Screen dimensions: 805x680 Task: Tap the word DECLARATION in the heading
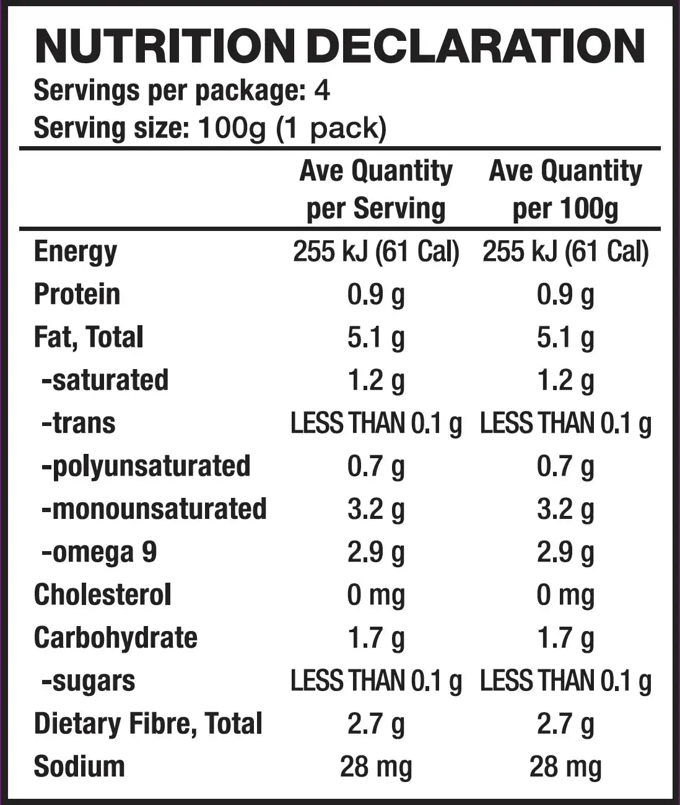click(x=476, y=46)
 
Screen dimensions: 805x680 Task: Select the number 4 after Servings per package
click(x=321, y=91)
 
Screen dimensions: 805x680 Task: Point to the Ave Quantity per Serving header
click(x=375, y=189)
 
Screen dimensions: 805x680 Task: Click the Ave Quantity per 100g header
click(x=565, y=189)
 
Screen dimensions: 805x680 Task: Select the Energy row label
click(x=75, y=251)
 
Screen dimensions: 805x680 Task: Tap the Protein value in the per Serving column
click(x=375, y=295)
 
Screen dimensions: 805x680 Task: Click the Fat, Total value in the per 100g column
click(x=565, y=337)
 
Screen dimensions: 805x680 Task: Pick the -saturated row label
click(x=104, y=380)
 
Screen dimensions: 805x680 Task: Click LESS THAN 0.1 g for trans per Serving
click(x=375, y=424)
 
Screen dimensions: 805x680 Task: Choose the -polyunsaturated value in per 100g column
click(x=565, y=466)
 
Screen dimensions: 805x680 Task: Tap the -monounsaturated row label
click(x=153, y=509)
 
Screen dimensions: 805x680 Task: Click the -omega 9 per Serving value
click(x=375, y=552)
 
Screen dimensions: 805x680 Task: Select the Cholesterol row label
click(x=102, y=595)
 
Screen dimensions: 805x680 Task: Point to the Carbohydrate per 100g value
click(x=565, y=638)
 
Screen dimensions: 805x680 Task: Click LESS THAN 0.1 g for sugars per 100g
click(x=565, y=681)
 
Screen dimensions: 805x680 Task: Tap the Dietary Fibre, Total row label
click(x=148, y=724)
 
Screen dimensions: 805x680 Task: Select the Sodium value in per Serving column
click(x=375, y=767)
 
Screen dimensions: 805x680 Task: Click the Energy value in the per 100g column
click(x=565, y=251)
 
